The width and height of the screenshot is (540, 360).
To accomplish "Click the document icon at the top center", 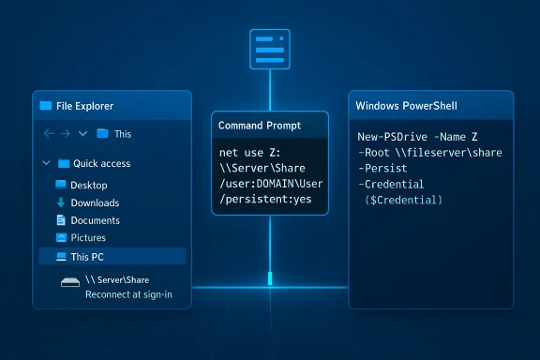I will (270, 47).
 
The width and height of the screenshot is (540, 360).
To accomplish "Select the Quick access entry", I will (101, 163).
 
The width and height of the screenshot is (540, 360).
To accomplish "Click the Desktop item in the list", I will (89, 186).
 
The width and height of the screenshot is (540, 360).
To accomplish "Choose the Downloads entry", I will (95, 202).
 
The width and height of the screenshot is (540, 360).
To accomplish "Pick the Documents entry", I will (95, 220).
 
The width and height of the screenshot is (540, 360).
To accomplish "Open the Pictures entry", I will (88, 238).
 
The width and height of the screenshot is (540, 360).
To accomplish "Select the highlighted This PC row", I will (112, 256).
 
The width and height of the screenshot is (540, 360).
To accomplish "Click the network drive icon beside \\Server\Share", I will (68, 280).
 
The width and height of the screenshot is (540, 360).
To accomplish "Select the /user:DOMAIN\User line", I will (269, 184).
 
